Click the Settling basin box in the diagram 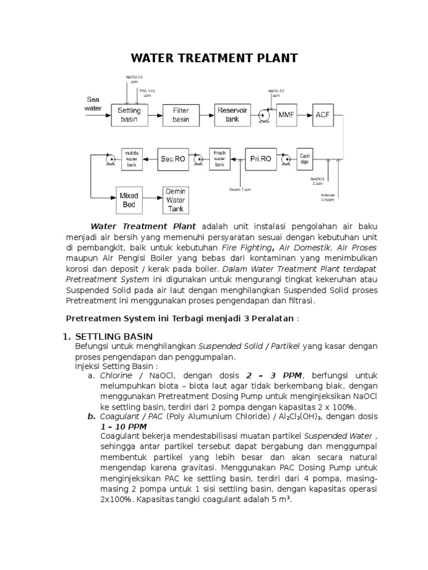pos(129,115)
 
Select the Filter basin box pos(181,115)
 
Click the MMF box pos(286,115)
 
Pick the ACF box pos(323,115)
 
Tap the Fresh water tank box pos(220,159)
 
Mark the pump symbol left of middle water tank pos(110,159)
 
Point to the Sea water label pos(93,104)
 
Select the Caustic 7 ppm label pos(240,190)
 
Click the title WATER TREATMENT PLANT pos(213,58)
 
